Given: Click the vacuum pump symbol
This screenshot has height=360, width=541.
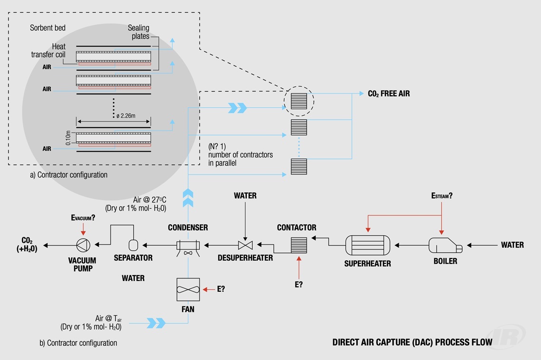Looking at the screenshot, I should tap(84, 245).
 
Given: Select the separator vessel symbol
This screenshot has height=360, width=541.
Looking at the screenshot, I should tap(133, 245).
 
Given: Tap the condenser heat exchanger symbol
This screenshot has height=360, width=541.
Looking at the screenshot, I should tap(188, 245).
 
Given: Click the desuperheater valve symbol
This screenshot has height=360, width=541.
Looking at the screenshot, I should tap(245, 245).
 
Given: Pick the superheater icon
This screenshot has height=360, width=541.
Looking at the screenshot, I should tap(367, 245).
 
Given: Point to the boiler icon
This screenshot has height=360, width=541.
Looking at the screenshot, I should tap(445, 245).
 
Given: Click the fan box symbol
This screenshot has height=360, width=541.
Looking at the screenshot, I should tap(188, 289).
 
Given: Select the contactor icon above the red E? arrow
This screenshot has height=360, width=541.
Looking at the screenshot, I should tap(299, 245).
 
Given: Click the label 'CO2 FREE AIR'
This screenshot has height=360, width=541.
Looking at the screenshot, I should tap(389, 93).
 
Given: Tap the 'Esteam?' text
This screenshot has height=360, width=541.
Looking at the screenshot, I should tap(441, 195).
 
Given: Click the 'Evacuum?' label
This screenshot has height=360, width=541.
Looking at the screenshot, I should tap(83, 217).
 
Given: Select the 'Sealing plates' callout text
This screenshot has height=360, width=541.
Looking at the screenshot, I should tap(139, 32).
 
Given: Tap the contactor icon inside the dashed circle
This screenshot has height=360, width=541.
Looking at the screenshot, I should tap(299, 101).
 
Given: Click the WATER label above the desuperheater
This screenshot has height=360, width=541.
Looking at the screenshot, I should tap(245, 195).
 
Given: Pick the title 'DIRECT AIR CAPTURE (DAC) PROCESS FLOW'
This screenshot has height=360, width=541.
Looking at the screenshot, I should tap(412, 342).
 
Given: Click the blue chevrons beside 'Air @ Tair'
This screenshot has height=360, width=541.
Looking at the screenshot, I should tap(156, 323).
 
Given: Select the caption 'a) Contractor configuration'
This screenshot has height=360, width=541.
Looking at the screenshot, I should tap(69, 175).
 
